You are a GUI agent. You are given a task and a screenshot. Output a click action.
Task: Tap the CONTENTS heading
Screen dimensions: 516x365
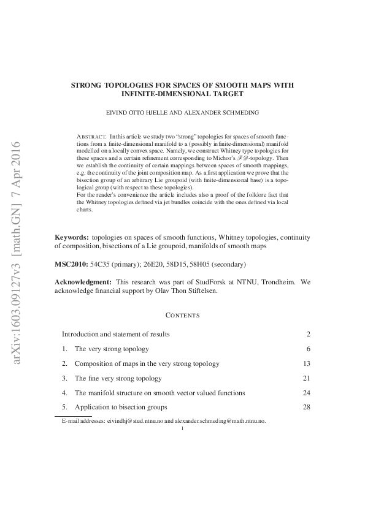[182, 315]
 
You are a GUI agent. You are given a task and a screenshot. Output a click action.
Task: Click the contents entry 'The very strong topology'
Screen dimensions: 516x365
[112, 349]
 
